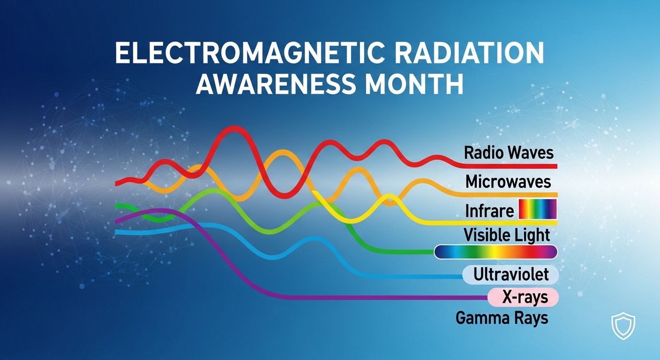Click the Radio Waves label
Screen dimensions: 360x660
pos(509,153)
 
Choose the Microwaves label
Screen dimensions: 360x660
pos(508,181)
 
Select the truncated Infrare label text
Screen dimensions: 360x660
pos(489,211)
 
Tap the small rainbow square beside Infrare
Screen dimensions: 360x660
pos(537,210)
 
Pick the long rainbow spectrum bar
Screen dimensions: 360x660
pos(495,252)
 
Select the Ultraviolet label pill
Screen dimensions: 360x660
pos(510,275)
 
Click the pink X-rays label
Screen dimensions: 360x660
pos(523,297)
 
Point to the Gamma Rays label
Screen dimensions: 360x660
pos(502,318)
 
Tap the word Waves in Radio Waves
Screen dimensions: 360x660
pos(531,153)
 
